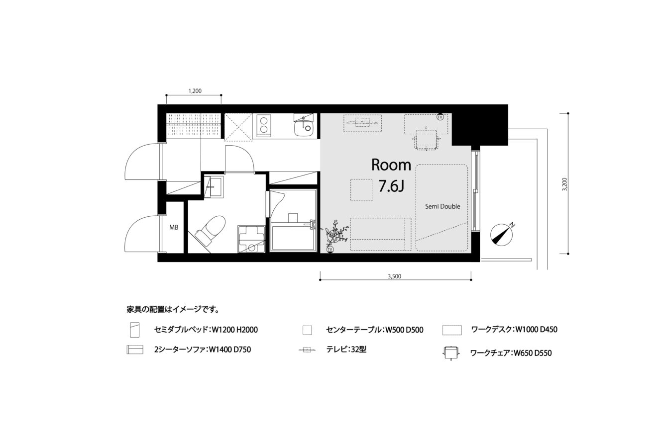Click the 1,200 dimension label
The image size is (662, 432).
coord(195,91)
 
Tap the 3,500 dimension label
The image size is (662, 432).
coord(395,276)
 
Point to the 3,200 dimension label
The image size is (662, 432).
coord(564,184)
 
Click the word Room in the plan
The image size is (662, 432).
coord(391,165)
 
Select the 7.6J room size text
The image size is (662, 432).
coord(391,186)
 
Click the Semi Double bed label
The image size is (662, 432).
coord(442,207)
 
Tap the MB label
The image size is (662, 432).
coord(174,228)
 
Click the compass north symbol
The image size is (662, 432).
coord(502,235)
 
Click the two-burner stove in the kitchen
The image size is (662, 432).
coord(263,126)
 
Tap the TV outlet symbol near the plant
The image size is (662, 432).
coord(330,250)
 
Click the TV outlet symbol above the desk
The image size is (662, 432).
coord(440,117)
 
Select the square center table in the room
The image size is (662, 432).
coord(361,190)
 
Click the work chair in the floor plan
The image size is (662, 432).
coord(426,140)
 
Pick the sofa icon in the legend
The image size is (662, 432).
coord(135,349)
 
